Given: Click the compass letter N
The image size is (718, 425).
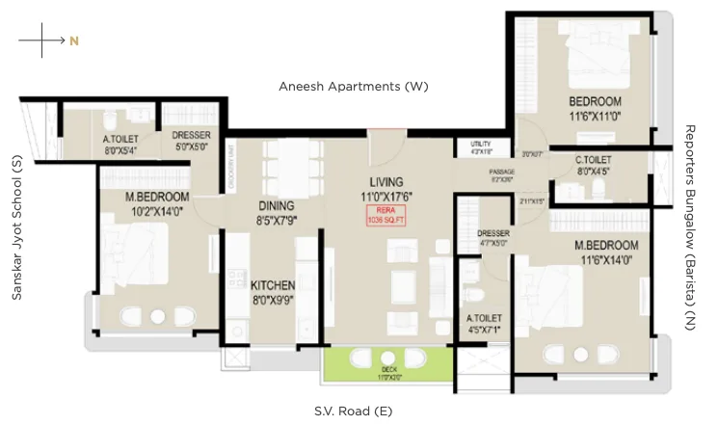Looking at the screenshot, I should [x=73, y=40].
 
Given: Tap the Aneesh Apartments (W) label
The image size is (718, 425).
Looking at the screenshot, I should [x=353, y=87].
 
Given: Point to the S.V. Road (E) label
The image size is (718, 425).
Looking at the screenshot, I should [x=353, y=411].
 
